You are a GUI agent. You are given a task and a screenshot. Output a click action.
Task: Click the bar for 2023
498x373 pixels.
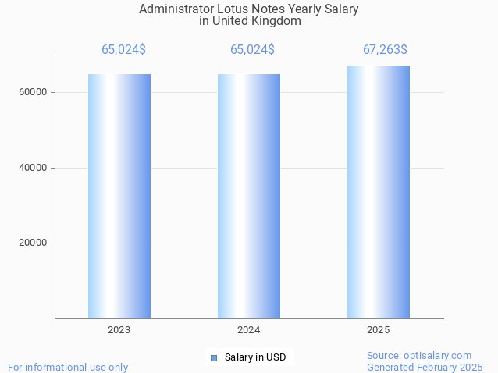click(119, 195)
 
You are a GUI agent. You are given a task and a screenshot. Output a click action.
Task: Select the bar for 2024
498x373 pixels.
click(249, 195)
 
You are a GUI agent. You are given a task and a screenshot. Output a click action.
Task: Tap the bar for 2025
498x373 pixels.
click(379, 191)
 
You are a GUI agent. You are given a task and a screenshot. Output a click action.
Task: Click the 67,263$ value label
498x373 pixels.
click(385, 50)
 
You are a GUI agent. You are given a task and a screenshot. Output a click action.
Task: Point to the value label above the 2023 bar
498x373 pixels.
click(123, 50)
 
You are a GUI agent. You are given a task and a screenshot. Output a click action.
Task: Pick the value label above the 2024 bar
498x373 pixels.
click(252, 50)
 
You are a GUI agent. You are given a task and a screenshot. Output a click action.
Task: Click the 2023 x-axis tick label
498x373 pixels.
click(119, 330)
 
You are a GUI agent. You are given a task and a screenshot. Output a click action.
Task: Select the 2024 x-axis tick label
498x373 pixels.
click(249, 330)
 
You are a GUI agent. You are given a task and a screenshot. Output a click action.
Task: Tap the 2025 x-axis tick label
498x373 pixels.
click(379, 330)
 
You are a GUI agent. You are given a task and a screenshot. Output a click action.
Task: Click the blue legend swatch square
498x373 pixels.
click(213, 357)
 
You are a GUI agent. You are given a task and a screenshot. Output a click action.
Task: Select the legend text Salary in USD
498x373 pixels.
click(255, 357)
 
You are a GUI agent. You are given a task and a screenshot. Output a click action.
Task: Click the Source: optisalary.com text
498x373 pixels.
click(419, 355)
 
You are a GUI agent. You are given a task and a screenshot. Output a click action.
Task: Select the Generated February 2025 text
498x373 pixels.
click(425, 367)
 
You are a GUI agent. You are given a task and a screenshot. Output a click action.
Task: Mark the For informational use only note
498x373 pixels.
click(68, 367)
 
